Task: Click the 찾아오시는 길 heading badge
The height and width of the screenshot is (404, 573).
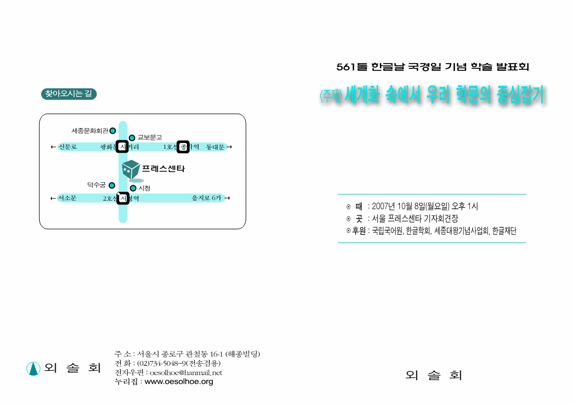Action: coord(69,94)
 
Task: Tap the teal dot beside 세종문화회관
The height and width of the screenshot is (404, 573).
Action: coord(113,131)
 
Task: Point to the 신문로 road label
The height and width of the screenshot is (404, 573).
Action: coord(68,147)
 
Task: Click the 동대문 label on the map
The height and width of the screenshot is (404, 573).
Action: coord(215,147)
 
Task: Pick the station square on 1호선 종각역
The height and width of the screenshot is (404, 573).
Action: coord(183,147)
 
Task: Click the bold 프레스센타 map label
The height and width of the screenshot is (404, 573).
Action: coord(163,169)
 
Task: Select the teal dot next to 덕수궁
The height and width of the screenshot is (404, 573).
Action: coord(112,185)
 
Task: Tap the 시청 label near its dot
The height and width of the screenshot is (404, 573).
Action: coord(144,188)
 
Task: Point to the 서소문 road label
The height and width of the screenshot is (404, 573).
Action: coord(67,198)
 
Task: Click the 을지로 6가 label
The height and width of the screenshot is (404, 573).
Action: coord(207,198)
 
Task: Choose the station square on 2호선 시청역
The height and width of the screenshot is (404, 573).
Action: coord(123,198)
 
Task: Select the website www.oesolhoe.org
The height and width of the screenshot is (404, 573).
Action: coord(178,382)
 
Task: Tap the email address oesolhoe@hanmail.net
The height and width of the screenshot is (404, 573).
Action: coord(186,373)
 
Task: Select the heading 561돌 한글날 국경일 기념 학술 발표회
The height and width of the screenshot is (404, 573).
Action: coord(433,67)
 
